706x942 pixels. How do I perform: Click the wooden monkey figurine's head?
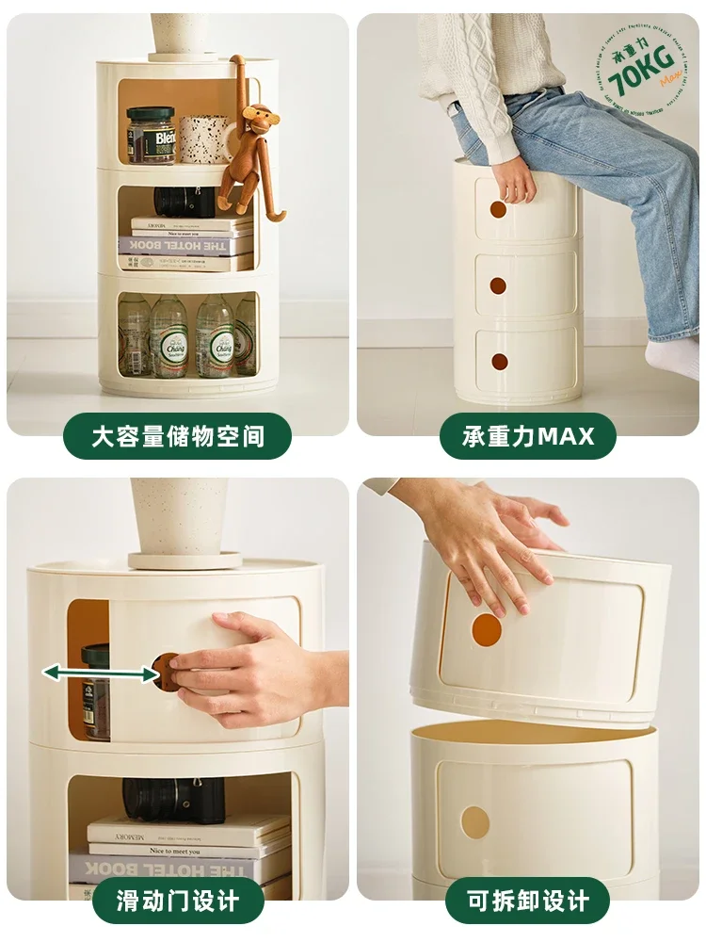click(x=256, y=118)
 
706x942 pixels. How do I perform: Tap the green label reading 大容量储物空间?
click(x=178, y=436)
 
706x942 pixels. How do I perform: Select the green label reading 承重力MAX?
click(x=528, y=436)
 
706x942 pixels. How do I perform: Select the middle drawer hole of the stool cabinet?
click(x=498, y=285)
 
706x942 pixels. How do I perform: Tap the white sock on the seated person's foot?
click(x=674, y=357)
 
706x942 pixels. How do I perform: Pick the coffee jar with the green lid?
click(x=151, y=136)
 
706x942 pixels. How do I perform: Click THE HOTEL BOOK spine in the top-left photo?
click(x=186, y=246)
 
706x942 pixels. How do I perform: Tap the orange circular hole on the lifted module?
click(x=487, y=630)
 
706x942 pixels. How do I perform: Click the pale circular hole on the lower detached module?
click(x=474, y=821)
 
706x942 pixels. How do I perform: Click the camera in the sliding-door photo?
click(x=174, y=800)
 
